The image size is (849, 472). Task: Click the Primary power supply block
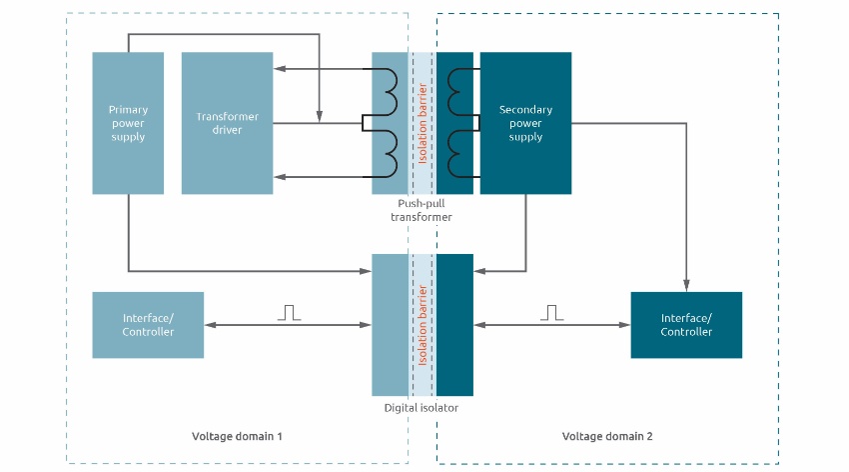tap(127, 122)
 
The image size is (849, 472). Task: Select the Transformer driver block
tap(227, 122)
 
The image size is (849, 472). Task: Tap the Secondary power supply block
tap(525, 122)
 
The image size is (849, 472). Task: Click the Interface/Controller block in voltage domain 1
tap(148, 325)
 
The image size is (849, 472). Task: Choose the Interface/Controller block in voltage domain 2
tap(686, 325)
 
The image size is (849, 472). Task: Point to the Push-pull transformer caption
tap(422, 210)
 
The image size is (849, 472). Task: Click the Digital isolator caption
tap(422, 408)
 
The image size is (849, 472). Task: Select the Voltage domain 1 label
tap(237, 437)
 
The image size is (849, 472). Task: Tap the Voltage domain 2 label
tap(607, 437)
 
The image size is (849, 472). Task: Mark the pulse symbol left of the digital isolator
tap(289, 313)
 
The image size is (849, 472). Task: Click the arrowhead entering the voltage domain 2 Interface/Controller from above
tap(686, 286)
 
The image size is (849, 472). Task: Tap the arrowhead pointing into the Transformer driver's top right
tap(280, 69)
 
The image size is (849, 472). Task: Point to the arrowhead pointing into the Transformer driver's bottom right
tap(280, 176)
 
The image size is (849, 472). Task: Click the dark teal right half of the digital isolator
tap(454, 324)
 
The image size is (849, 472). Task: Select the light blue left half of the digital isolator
tap(390, 324)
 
